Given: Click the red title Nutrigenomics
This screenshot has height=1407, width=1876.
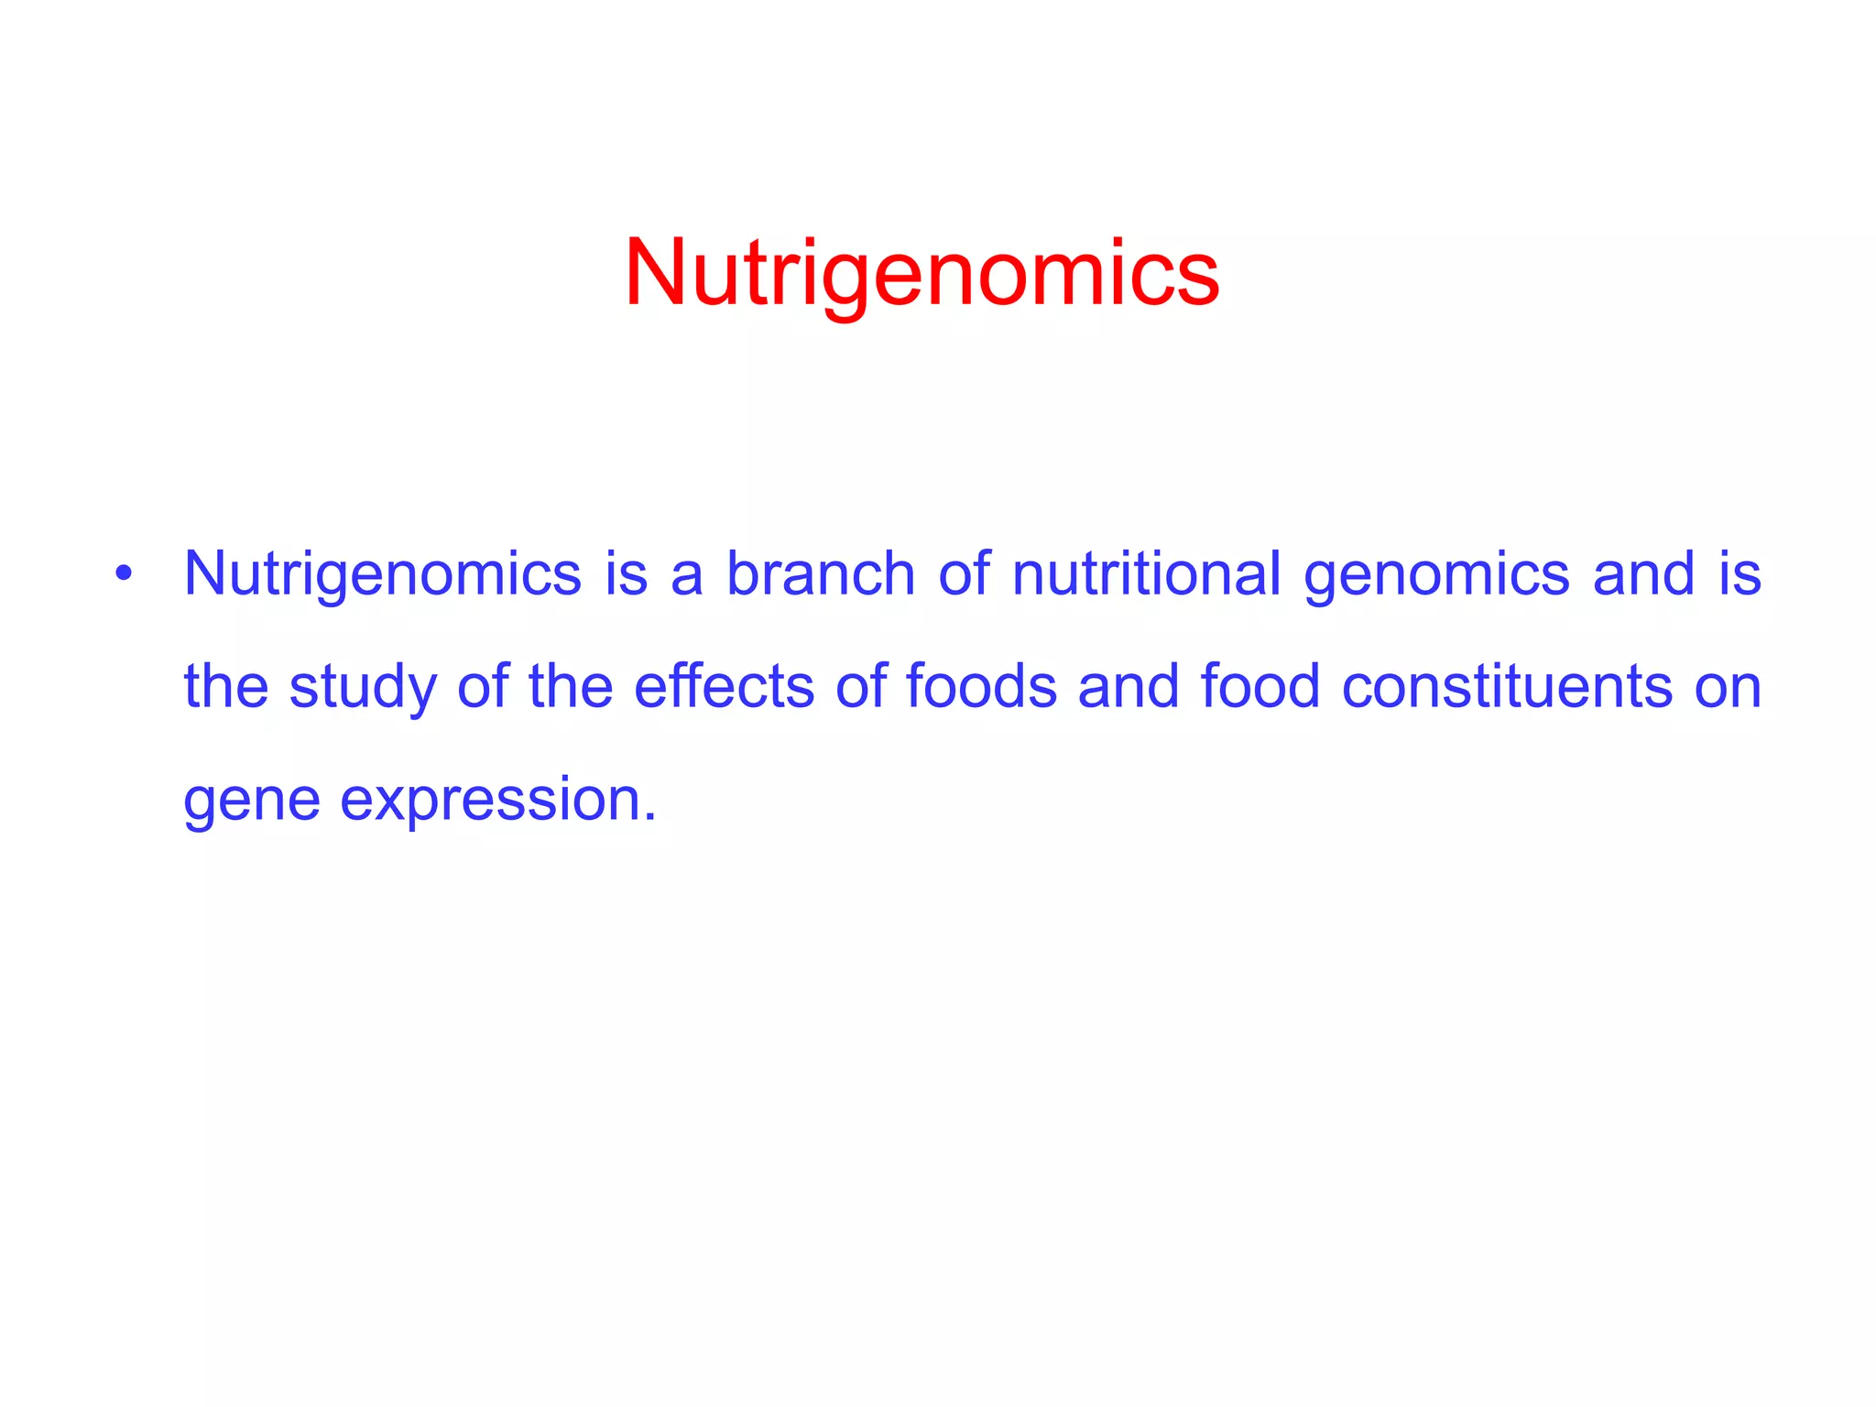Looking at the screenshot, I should [922, 273].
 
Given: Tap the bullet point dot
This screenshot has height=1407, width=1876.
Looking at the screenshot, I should [124, 575].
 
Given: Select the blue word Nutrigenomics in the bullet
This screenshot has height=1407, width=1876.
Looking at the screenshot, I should [382, 575].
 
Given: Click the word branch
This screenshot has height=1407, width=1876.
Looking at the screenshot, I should [821, 573].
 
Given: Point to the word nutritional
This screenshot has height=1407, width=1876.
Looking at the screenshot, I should [1146, 573].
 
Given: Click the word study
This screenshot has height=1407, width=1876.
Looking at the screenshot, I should [363, 688].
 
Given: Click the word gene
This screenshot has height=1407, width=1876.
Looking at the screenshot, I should [252, 801].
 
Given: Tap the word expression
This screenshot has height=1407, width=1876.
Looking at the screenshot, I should [491, 801].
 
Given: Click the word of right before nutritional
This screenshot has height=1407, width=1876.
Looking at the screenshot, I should [964, 573].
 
